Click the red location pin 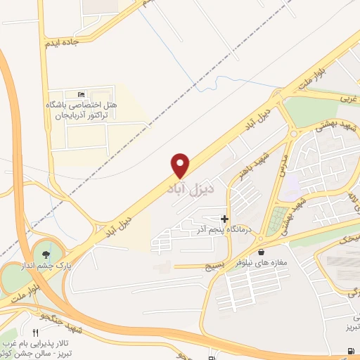tap(181, 165)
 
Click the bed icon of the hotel tap(82, 94)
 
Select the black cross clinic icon tap(224, 219)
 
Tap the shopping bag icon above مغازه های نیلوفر tap(262, 252)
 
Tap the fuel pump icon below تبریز tap(350, 351)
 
